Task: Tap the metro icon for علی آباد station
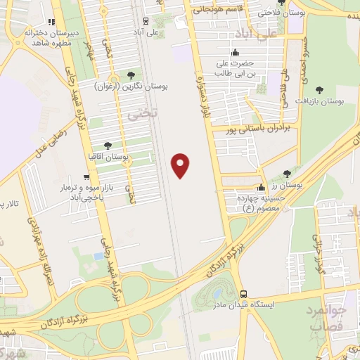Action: (x=145, y=21)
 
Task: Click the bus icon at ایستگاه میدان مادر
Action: (x=243, y=293)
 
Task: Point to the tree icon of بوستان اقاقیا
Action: (x=108, y=146)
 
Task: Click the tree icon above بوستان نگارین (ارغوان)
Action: (x=131, y=74)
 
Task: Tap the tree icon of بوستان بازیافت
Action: (x=320, y=90)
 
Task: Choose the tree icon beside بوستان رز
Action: (x=286, y=173)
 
